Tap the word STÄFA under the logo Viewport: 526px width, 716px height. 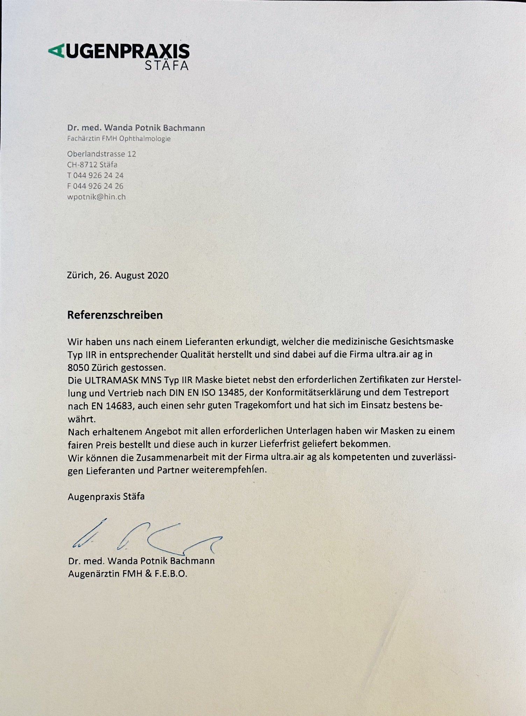[167, 65]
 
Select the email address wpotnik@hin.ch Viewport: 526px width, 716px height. [96, 197]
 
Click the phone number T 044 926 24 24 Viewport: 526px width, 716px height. [95, 175]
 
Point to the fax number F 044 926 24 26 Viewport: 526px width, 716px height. [95, 186]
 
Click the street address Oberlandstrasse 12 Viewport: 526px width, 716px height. [101, 154]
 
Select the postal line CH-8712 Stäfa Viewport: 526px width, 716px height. [92, 165]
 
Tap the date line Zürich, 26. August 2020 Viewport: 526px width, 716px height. [117, 275]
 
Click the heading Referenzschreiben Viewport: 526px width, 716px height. [115, 315]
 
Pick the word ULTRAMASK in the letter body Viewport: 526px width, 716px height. [111, 380]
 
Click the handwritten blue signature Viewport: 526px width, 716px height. [147, 537]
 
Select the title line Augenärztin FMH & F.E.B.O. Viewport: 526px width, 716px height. [128, 574]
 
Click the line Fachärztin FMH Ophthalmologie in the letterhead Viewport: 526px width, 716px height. [119, 139]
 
